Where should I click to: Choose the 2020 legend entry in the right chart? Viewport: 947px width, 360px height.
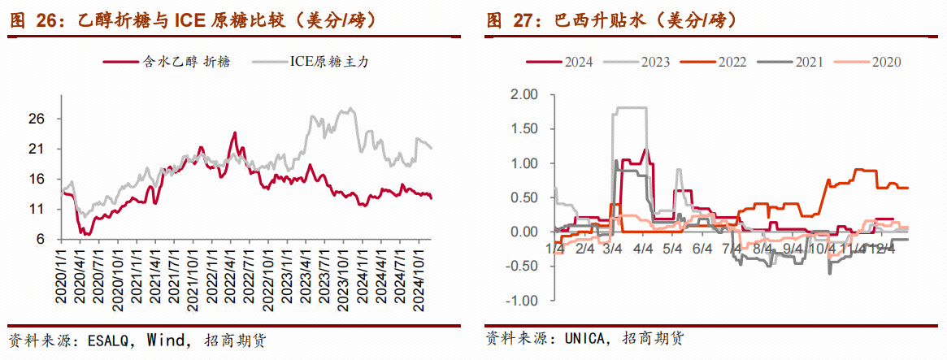[x=884, y=62]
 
